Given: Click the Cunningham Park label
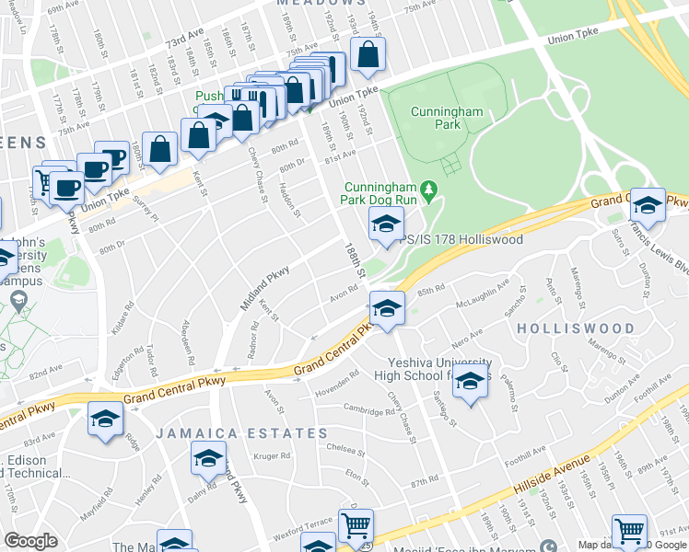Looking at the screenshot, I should [435, 117].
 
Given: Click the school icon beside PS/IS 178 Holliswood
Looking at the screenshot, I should [386, 224].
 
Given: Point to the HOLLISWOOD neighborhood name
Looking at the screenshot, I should [576, 328].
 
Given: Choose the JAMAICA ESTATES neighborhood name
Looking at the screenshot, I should [241, 432].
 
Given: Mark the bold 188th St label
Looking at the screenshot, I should [356, 260].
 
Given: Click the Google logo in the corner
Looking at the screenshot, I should [30, 540].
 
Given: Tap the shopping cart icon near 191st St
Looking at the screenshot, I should [629, 531].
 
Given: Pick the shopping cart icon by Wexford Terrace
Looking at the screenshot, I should [355, 525].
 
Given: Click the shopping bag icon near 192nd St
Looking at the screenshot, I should [368, 55].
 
